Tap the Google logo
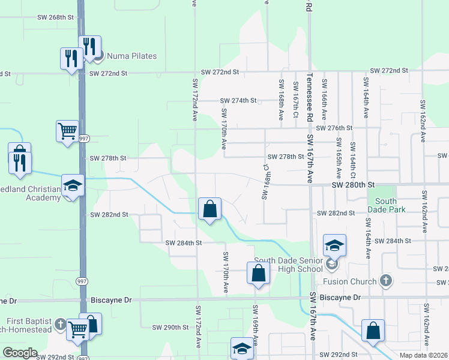(x=20, y=353)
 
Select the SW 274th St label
(x=238, y=100)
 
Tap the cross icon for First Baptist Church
(x=60, y=325)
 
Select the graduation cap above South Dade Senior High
(x=334, y=245)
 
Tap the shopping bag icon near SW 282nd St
(x=210, y=209)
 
